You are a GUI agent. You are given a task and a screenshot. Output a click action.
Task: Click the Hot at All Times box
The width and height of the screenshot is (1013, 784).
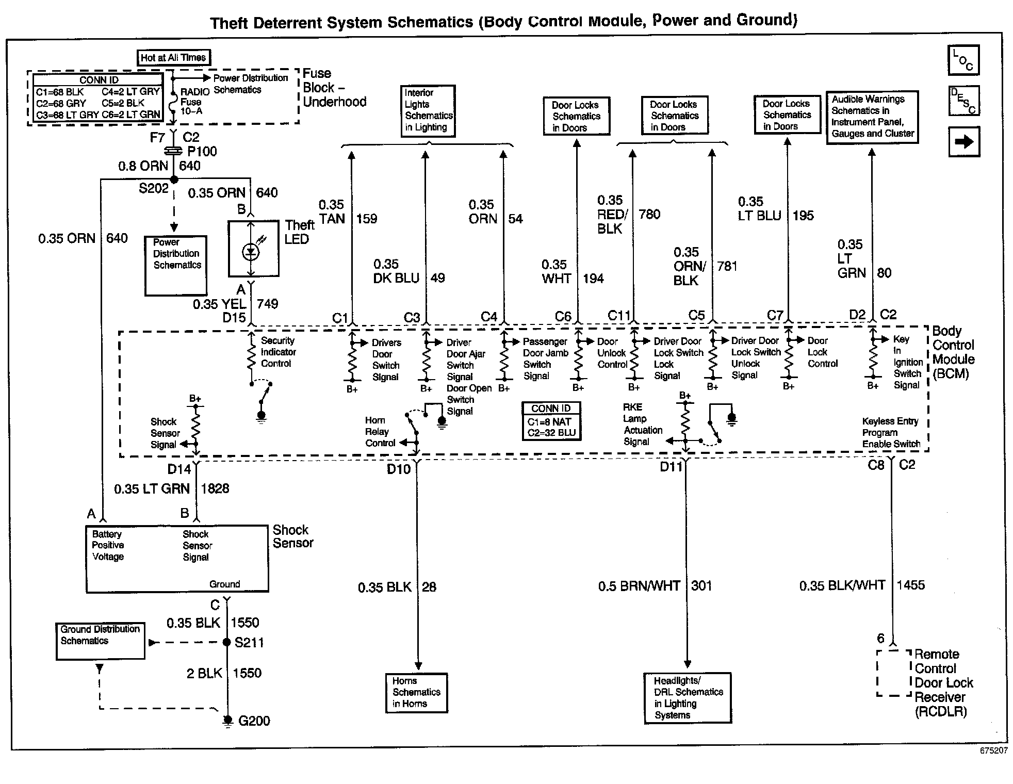click(173, 58)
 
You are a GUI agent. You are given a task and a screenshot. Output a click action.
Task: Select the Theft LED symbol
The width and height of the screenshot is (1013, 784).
click(251, 252)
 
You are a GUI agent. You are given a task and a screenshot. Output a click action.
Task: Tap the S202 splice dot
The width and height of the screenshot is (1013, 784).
click(174, 179)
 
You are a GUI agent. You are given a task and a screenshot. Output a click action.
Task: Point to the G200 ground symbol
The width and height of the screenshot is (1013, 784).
click(227, 721)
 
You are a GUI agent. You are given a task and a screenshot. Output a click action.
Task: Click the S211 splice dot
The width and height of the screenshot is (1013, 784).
click(226, 642)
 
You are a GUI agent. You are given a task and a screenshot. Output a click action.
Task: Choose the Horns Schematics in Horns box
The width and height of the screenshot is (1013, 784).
click(417, 693)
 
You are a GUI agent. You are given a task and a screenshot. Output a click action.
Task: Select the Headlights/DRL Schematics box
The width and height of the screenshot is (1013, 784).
click(688, 697)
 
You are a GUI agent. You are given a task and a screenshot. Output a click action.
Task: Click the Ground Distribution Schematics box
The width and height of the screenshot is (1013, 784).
click(100, 641)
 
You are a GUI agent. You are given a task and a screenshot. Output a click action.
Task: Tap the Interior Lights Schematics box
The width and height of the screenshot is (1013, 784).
click(428, 111)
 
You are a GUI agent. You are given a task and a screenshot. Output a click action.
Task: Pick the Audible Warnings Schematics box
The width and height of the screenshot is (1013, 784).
click(872, 117)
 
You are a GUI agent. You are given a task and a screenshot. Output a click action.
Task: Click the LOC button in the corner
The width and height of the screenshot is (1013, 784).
click(963, 60)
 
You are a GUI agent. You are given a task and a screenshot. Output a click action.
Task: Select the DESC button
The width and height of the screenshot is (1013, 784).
click(963, 101)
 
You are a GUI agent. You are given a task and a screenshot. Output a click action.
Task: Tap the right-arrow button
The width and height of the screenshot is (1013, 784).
click(963, 141)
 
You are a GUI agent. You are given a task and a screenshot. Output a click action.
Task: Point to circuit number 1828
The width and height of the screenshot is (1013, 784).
click(215, 488)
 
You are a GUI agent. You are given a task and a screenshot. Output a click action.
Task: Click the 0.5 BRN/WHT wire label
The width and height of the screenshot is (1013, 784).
click(639, 586)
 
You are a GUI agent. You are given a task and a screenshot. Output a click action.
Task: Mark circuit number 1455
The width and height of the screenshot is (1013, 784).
click(911, 585)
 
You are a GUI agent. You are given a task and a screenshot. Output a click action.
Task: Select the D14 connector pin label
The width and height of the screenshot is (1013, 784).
click(179, 469)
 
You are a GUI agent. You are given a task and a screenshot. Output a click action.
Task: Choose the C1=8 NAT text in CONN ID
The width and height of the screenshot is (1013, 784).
click(549, 422)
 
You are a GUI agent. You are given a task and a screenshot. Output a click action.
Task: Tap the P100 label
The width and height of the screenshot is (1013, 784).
click(202, 152)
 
